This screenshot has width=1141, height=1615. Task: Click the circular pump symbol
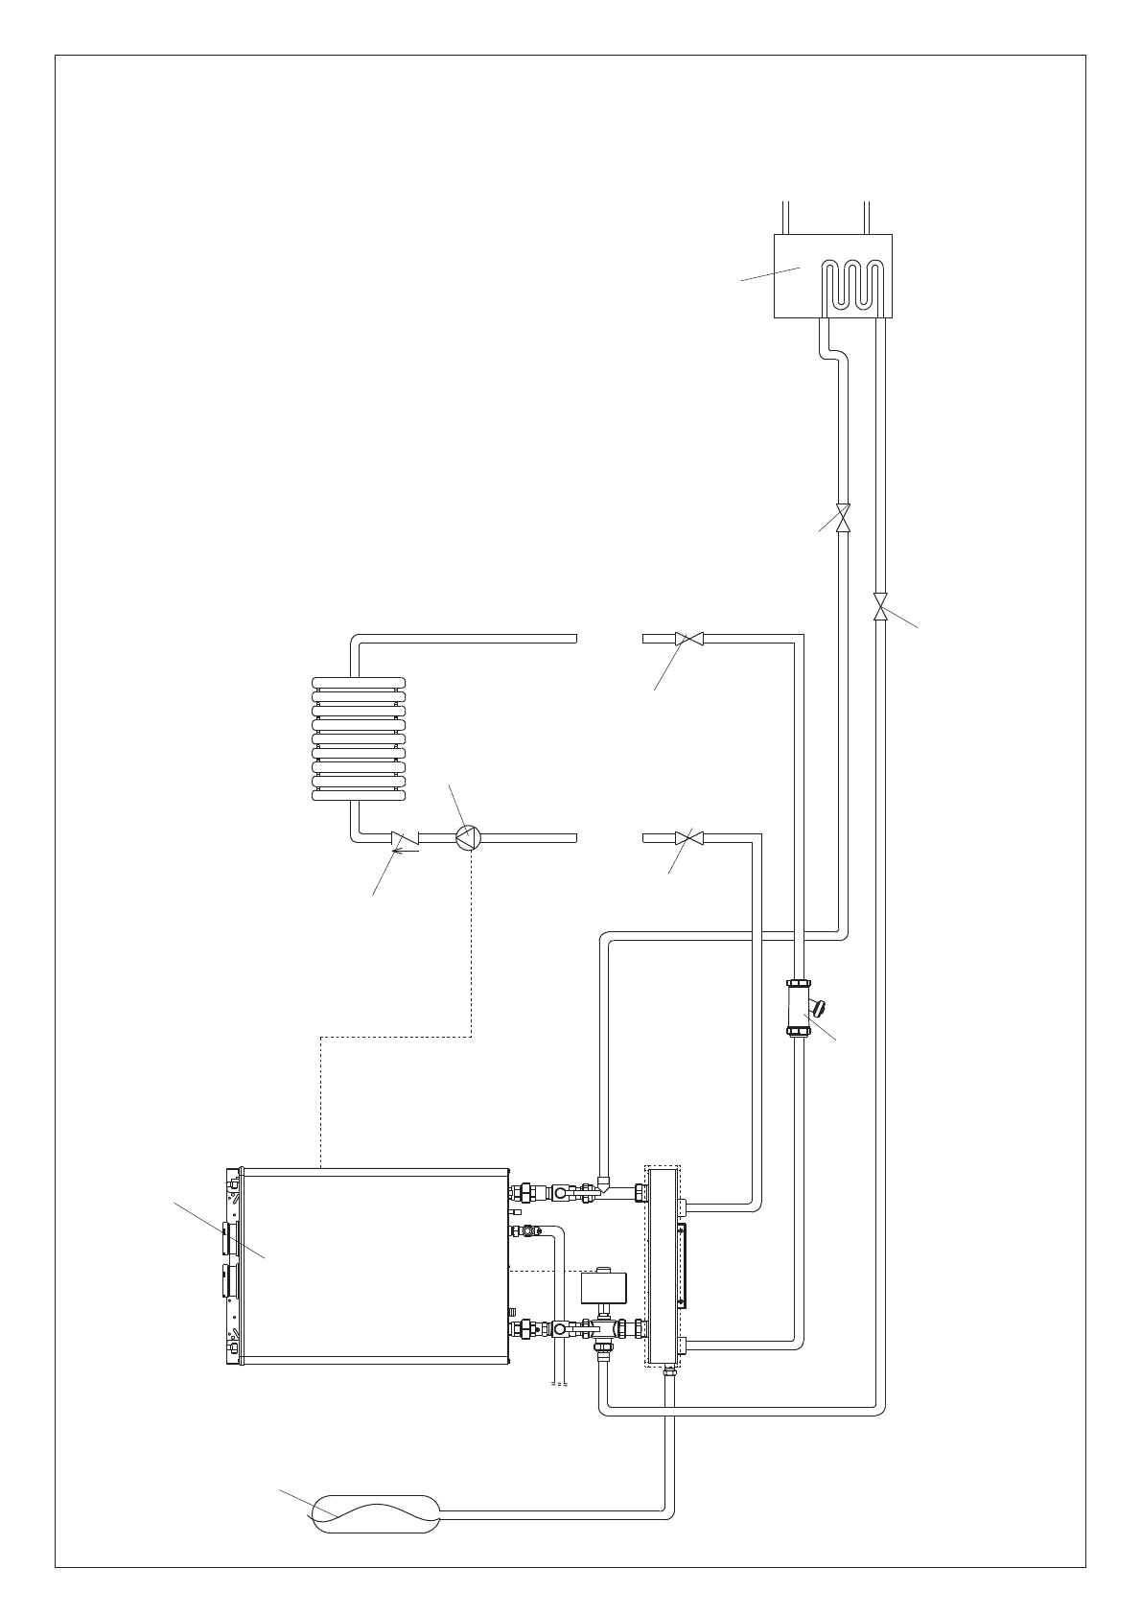pyautogui.click(x=467, y=836)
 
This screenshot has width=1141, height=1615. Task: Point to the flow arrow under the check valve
pyautogui.click(x=407, y=849)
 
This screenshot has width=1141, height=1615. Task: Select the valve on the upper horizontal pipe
pyautogui.click(x=688, y=638)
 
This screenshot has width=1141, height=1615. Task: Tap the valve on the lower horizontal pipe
pyautogui.click(x=688, y=836)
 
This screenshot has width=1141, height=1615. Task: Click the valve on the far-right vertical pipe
pyautogui.click(x=881, y=607)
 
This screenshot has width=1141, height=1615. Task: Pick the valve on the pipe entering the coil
pyautogui.click(x=843, y=517)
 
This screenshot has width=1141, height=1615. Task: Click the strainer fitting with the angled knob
pyautogui.click(x=799, y=1008)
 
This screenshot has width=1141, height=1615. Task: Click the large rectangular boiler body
pyautogui.click(x=374, y=1267)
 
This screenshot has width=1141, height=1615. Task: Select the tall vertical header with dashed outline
pyautogui.click(x=663, y=1267)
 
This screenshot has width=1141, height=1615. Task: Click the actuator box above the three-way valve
pyautogui.click(x=604, y=1286)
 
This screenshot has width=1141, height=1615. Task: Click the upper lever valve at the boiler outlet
pyautogui.click(x=560, y=1194)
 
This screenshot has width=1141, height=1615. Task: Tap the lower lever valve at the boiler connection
pyautogui.click(x=560, y=1329)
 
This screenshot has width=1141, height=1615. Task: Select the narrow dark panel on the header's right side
pyautogui.click(x=681, y=1265)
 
